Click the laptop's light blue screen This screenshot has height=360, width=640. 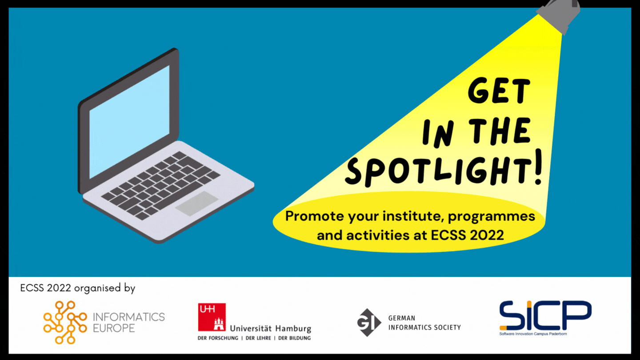[x=129, y=122]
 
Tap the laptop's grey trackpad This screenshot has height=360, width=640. [x=197, y=204]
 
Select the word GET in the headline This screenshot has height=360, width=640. [x=499, y=91]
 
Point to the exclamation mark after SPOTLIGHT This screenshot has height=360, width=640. [x=538, y=167]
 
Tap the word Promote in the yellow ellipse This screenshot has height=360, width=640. [x=314, y=216]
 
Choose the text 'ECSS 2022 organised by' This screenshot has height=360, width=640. [x=78, y=288]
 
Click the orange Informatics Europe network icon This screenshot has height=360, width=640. [x=65, y=322]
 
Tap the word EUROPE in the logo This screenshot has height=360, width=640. [x=114, y=328]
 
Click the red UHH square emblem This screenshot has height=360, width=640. [x=212, y=317]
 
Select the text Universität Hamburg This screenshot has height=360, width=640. [x=271, y=328]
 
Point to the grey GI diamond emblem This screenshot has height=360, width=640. [x=369, y=322]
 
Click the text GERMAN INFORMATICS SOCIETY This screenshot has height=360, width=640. [x=424, y=323]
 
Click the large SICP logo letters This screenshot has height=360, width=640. [x=545, y=315]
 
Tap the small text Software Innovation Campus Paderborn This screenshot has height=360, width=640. [x=533, y=334]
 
